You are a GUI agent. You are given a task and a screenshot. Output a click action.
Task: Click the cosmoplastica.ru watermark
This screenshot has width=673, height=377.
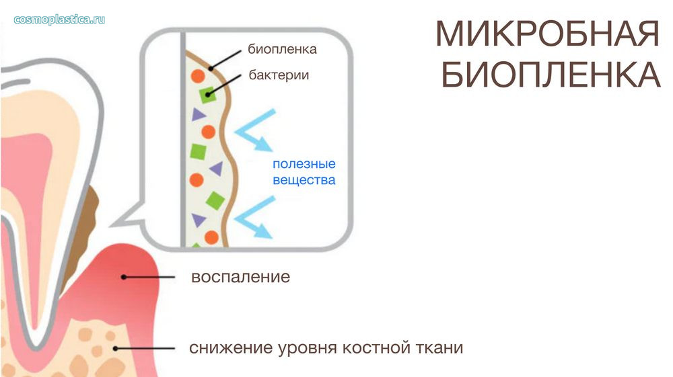coord(59,19)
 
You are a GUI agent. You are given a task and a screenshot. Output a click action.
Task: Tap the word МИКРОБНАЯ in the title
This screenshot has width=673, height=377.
coord(547,34)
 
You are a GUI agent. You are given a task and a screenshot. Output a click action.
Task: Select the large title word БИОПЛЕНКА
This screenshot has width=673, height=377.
coord(551,75)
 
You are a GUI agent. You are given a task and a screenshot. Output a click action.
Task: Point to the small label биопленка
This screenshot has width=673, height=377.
coord(282,49)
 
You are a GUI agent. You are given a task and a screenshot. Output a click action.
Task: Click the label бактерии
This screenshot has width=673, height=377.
coord(279,75)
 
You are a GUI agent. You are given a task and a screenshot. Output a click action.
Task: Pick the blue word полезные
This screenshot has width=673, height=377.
coord(304,164)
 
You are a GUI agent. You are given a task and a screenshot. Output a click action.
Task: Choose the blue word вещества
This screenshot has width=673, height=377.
coord(304,180)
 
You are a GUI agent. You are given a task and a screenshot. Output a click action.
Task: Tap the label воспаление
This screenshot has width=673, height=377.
coord(240,277)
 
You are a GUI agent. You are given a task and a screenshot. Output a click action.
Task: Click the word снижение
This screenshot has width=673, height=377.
coord(231,347)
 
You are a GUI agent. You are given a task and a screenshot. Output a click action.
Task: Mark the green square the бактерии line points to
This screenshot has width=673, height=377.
coord(208,95)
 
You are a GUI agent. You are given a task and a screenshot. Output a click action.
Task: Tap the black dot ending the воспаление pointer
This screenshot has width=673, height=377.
coord(124,277)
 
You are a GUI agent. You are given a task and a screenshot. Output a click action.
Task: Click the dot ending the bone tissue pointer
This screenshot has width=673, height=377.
coord(116,349)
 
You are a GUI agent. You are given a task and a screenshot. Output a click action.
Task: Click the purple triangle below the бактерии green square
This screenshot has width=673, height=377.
coord(199,114)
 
